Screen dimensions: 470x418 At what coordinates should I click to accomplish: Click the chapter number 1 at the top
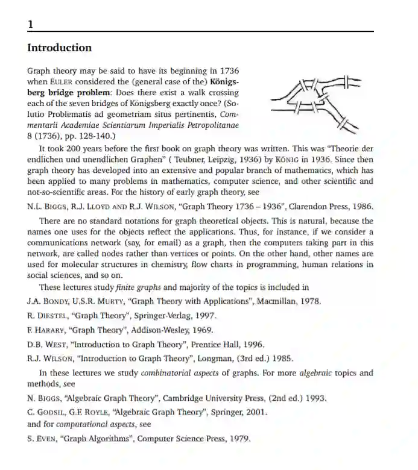[31, 24]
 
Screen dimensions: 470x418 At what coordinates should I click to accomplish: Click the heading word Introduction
[60, 48]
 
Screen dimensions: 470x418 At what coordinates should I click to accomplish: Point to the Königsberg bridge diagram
[313, 102]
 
